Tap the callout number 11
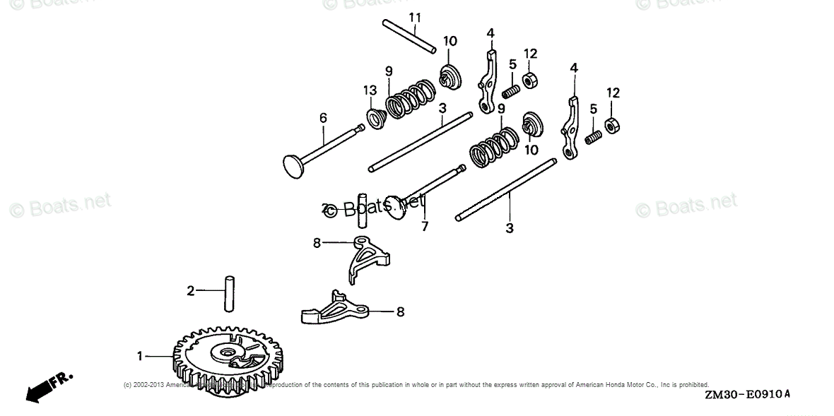coord(415,16)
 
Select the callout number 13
coord(369,90)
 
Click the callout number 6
coord(323,118)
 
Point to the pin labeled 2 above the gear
coord(230,292)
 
